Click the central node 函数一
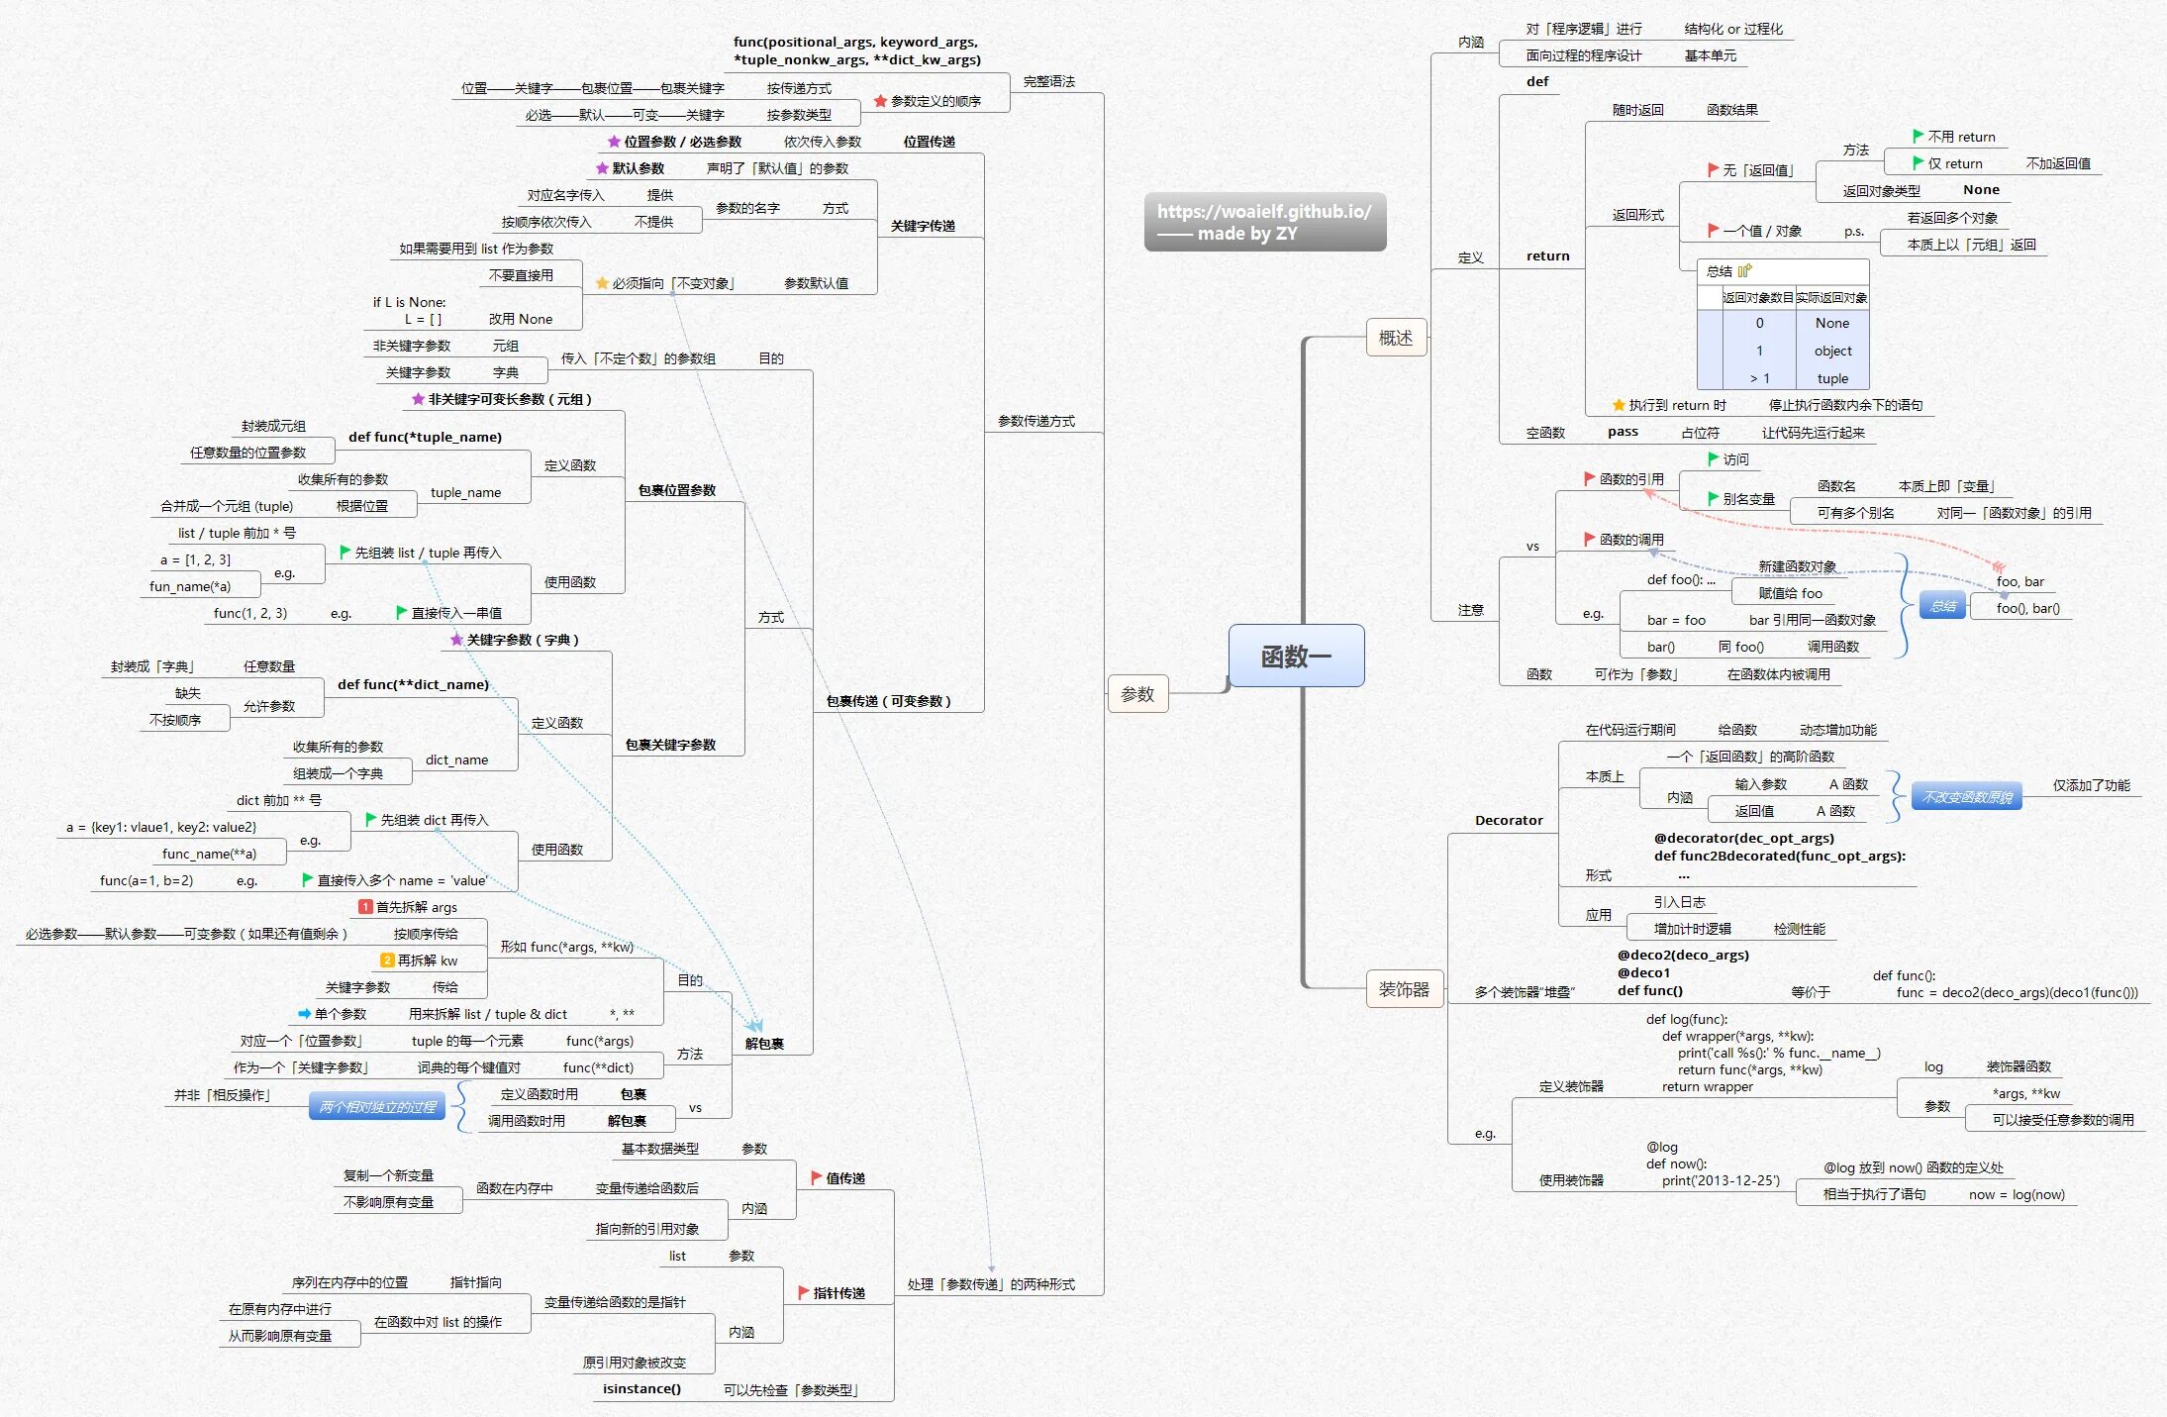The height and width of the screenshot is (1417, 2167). coord(1296,656)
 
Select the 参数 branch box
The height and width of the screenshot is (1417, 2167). coord(1137,694)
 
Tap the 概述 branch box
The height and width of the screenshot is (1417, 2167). coord(1396,338)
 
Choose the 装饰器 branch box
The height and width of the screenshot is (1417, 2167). coord(1404,989)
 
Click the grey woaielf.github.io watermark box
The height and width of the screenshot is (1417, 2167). coord(1264,222)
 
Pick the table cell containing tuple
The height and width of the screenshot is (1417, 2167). coord(1832,378)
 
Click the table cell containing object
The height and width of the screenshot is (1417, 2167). coord(1832,351)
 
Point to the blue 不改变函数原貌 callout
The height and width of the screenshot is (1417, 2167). coord(1966,797)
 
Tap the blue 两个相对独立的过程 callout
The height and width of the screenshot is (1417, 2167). coord(377,1107)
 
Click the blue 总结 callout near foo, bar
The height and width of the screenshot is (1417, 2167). coord(1942,606)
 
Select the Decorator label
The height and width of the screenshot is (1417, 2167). coord(1509,820)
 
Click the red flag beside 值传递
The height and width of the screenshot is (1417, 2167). coord(817,1177)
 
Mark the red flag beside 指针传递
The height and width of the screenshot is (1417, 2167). coord(804,1292)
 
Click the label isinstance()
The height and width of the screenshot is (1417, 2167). coord(641,1388)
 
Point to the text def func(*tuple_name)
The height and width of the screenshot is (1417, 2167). coord(425,437)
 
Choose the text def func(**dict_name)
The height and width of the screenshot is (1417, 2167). coord(413,684)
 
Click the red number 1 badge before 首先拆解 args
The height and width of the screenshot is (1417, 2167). coord(365,907)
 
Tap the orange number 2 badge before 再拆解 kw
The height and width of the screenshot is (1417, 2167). coord(388,961)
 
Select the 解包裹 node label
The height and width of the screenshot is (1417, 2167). coord(764,1044)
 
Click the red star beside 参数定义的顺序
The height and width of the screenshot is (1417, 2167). coord(880,101)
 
